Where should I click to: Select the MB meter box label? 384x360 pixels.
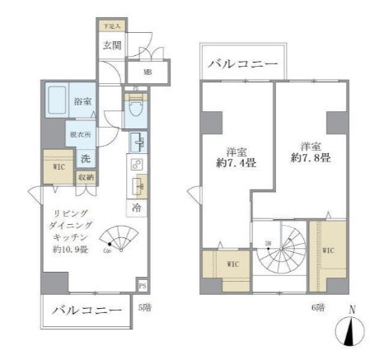pyautogui.click(x=148, y=72)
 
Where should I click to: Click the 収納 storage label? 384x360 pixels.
pyautogui.click(x=86, y=177)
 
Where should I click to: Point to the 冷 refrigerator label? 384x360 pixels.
pyautogui.click(x=137, y=208)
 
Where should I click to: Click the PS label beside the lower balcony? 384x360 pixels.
pyautogui.click(x=143, y=287)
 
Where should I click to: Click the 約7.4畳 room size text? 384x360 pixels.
pyautogui.click(x=222, y=162)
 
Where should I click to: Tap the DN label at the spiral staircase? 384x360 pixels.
pyautogui.click(x=269, y=241)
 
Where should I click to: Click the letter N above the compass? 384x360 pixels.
pyautogui.click(x=354, y=311)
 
